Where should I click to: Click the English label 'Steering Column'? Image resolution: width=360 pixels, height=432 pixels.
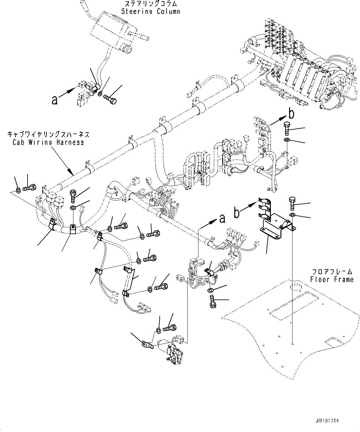tap(150, 11)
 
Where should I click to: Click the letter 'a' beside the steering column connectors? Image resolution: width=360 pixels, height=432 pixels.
tap(54, 100)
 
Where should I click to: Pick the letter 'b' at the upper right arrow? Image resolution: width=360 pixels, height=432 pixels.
tap(291, 114)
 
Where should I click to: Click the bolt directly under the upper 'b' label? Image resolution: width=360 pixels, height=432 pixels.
tap(287, 128)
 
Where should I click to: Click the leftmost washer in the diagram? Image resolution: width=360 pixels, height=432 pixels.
tap(18, 190)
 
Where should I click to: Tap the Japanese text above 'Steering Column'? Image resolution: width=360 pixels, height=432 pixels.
tap(150, 4)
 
